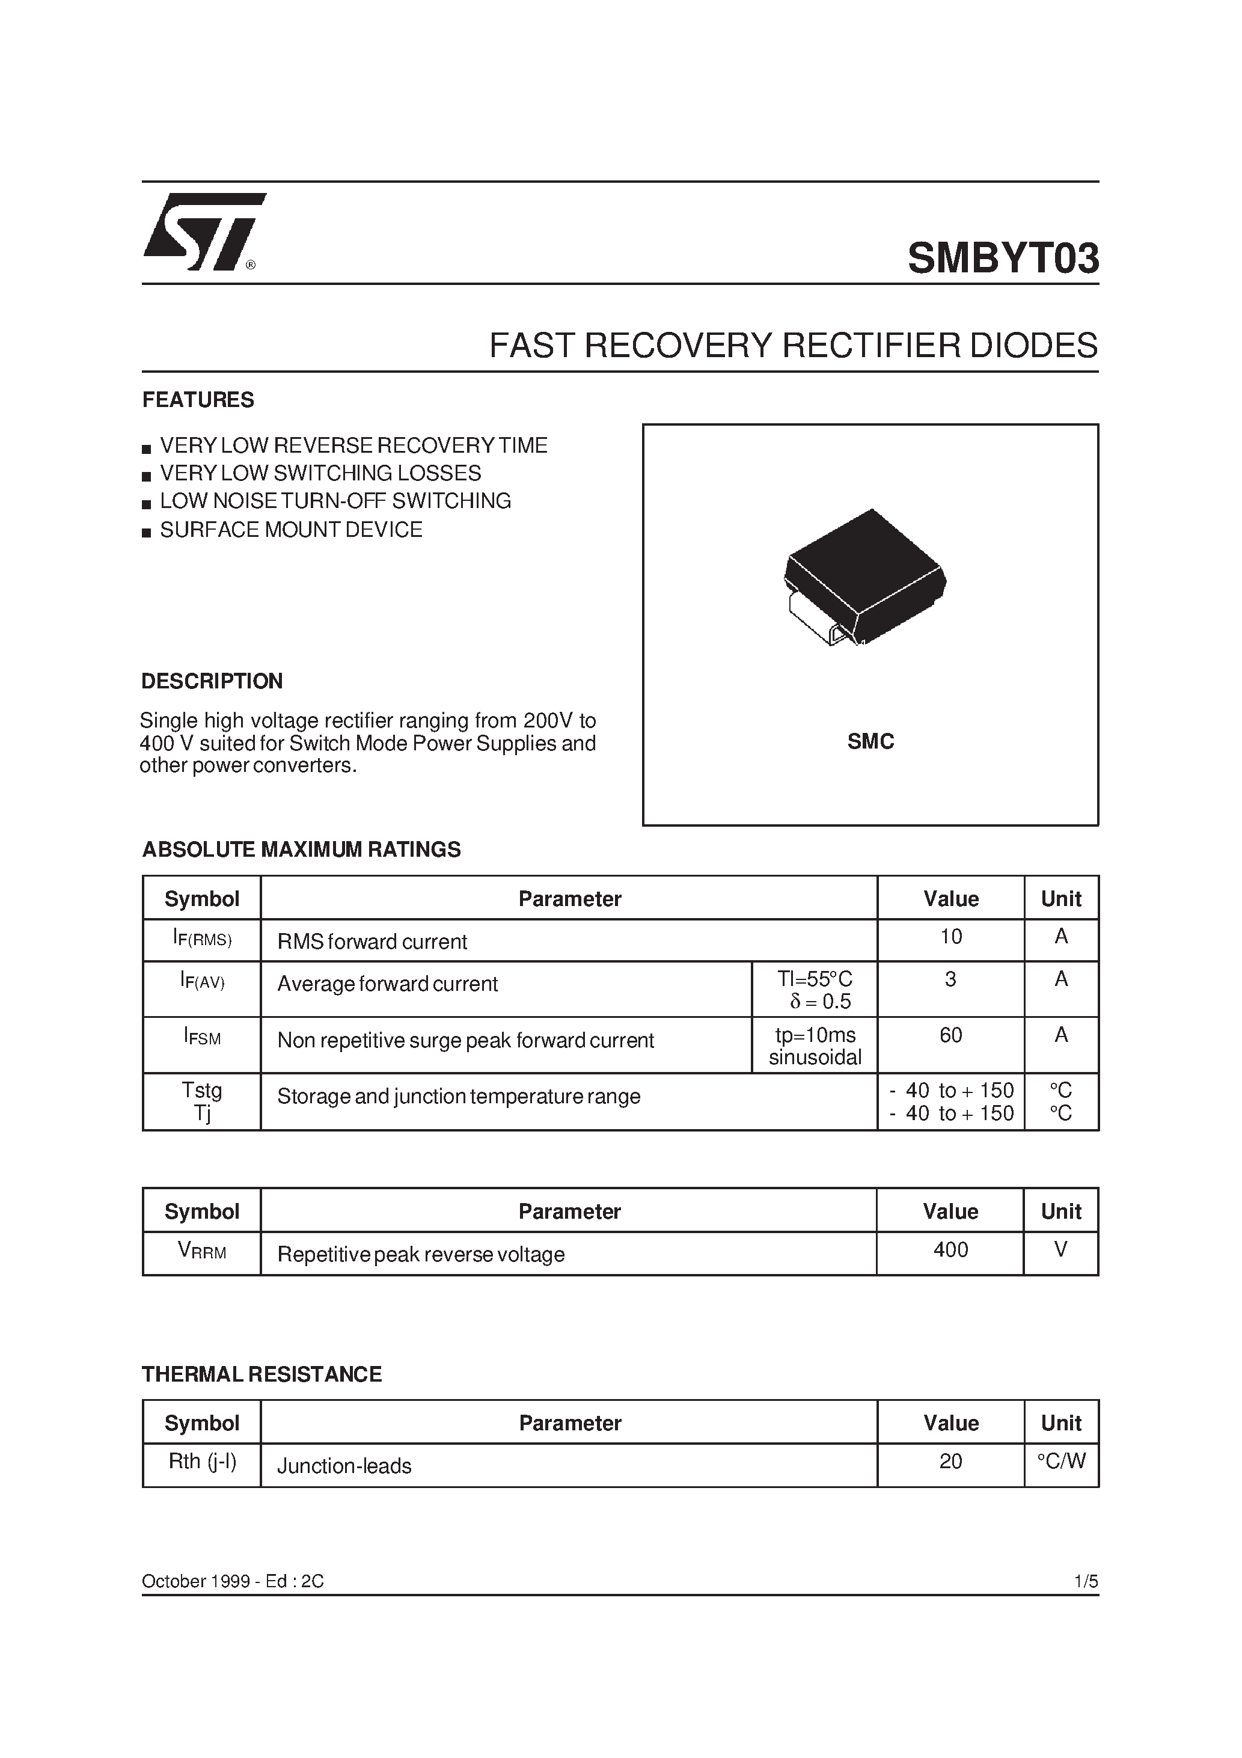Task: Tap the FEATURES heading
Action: pyautogui.click(x=198, y=400)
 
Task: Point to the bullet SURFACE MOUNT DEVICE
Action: pyautogui.click(x=291, y=530)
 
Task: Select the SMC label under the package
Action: pyautogui.click(x=870, y=741)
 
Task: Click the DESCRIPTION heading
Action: pyautogui.click(x=212, y=681)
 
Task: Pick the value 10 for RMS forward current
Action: pyautogui.click(x=950, y=937)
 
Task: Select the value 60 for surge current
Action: pyautogui.click(x=950, y=1035)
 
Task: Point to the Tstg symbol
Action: pyautogui.click(x=202, y=1090)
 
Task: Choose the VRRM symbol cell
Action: pyautogui.click(x=202, y=1251)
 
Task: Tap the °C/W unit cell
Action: pyautogui.click(x=1060, y=1461)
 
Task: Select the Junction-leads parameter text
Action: pyautogui.click(x=344, y=1466)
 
